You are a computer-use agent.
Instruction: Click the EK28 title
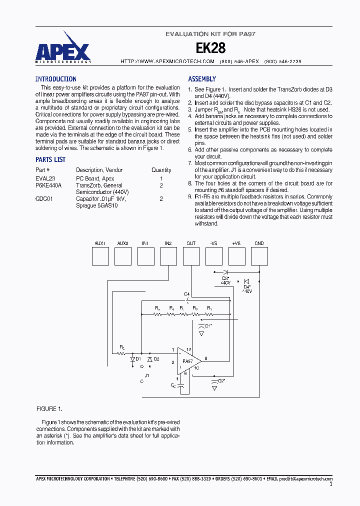click(210, 48)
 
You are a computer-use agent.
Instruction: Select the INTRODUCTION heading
click(55, 79)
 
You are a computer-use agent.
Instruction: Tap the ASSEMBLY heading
click(202, 79)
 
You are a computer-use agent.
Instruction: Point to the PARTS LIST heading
click(50, 159)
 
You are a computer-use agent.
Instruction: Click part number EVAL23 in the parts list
click(45, 178)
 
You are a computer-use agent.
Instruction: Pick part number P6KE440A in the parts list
click(48, 185)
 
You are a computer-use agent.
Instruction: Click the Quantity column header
click(161, 170)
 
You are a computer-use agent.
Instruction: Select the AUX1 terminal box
click(100, 256)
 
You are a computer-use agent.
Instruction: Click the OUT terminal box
click(191, 256)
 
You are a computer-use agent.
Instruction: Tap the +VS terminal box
click(236, 256)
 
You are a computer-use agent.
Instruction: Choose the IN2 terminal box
click(168, 256)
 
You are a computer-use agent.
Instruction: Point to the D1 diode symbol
click(133, 359)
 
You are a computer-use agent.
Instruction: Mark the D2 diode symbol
click(149, 359)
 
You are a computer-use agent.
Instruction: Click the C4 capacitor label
click(186, 293)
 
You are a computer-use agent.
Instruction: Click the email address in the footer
click(305, 479)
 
